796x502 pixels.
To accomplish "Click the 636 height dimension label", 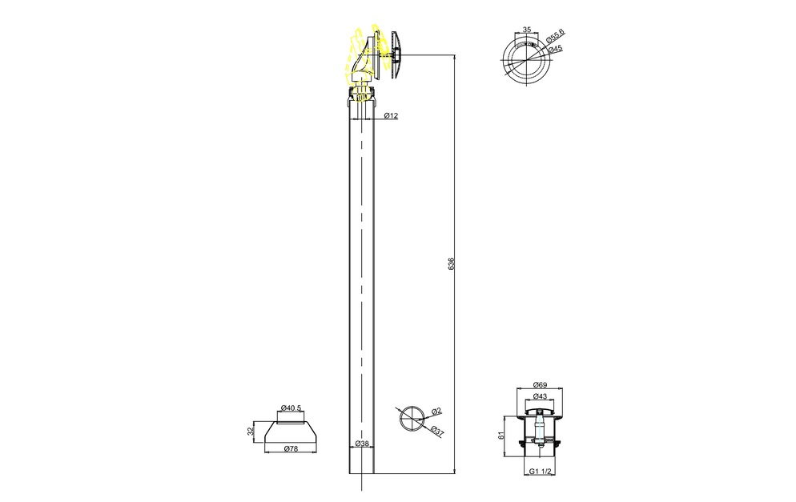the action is pyautogui.click(x=452, y=263).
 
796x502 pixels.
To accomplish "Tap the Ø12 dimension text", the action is pyautogui.click(x=391, y=116).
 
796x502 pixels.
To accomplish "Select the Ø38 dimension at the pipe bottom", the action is pyautogui.click(x=362, y=443).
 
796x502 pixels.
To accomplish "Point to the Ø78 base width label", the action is pyautogui.click(x=291, y=448).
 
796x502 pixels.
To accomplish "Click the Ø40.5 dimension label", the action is pyautogui.click(x=291, y=408).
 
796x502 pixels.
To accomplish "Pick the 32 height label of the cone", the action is pyautogui.click(x=249, y=432).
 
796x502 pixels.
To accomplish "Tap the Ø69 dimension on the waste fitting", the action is pyautogui.click(x=540, y=385).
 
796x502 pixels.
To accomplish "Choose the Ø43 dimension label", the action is pyautogui.click(x=540, y=396).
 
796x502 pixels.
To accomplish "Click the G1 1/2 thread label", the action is pyautogui.click(x=540, y=471).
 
